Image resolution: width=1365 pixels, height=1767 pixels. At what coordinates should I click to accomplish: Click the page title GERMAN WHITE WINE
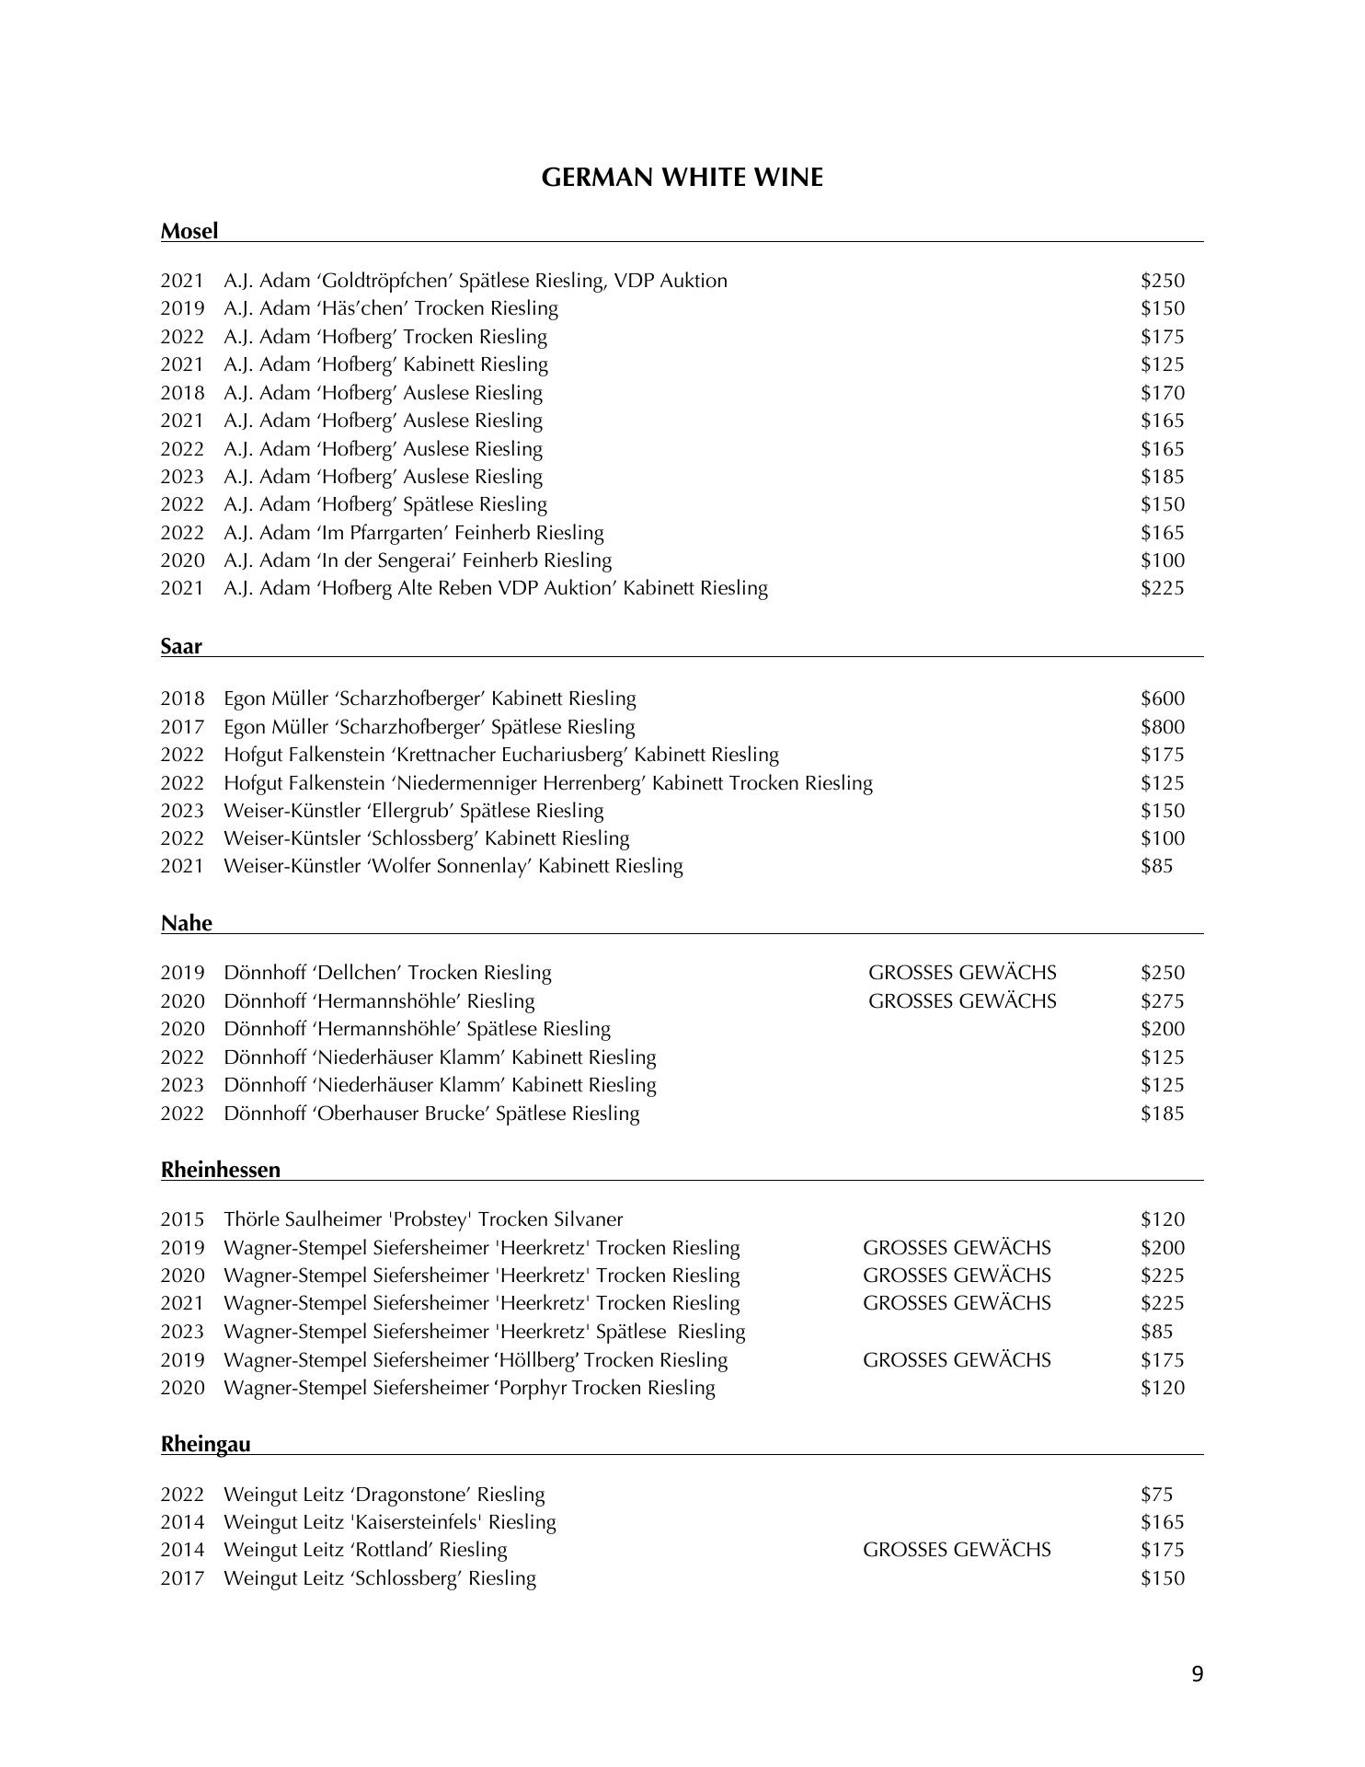[x=682, y=178]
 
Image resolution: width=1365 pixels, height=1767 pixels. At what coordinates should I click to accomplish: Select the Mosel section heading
[x=189, y=231]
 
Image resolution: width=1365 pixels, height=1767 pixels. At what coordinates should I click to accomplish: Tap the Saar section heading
[x=181, y=646]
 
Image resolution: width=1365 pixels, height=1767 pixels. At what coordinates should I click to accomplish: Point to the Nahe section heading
[x=187, y=923]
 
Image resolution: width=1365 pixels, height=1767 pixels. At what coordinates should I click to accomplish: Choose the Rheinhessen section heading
[x=221, y=1170]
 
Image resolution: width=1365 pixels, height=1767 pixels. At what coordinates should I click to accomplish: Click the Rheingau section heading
[x=205, y=1444]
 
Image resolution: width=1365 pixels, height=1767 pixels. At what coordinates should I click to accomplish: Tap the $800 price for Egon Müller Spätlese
[x=1163, y=727]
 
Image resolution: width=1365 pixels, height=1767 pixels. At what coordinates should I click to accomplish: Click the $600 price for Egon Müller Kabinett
[x=1163, y=699]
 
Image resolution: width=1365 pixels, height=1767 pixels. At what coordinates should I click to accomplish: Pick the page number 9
[x=1197, y=1674]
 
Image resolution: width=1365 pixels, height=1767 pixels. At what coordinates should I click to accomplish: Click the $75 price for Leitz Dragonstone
[x=1156, y=1495]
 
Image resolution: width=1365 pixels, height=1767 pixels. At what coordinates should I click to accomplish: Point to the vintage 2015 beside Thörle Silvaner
[x=182, y=1219]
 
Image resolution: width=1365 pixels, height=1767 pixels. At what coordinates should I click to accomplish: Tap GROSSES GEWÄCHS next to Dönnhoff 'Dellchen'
[x=962, y=973]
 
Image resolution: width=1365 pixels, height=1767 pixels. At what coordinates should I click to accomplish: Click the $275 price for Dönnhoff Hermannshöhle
[x=1163, y=1001]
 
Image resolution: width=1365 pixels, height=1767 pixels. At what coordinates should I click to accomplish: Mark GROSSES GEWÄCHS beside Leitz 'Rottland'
[x=957, y=1550]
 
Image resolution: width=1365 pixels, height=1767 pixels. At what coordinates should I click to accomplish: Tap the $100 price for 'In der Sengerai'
[x=1163, y=560]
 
